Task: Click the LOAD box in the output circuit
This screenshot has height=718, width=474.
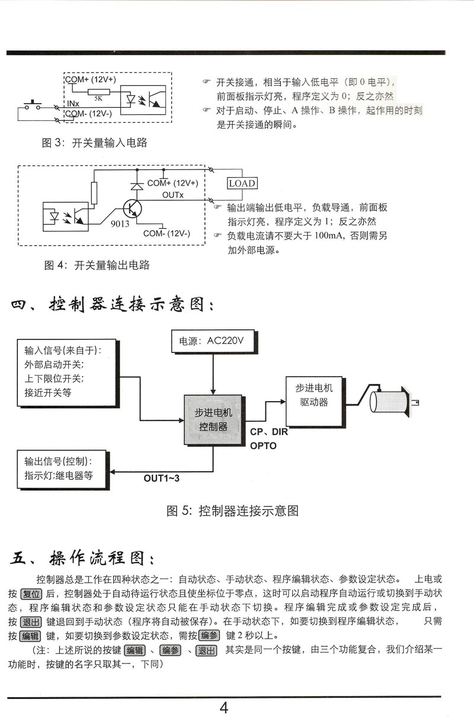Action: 242,183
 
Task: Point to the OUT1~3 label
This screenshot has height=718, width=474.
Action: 161,477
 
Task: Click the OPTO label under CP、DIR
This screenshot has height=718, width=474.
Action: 263,445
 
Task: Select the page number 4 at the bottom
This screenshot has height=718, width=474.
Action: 224,707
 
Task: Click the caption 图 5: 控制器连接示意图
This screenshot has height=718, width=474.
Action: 232,511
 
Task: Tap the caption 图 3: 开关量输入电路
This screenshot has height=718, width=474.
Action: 95,143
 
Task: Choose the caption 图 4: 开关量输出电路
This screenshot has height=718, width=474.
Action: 97,265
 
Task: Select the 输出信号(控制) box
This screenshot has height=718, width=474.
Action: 63,468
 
